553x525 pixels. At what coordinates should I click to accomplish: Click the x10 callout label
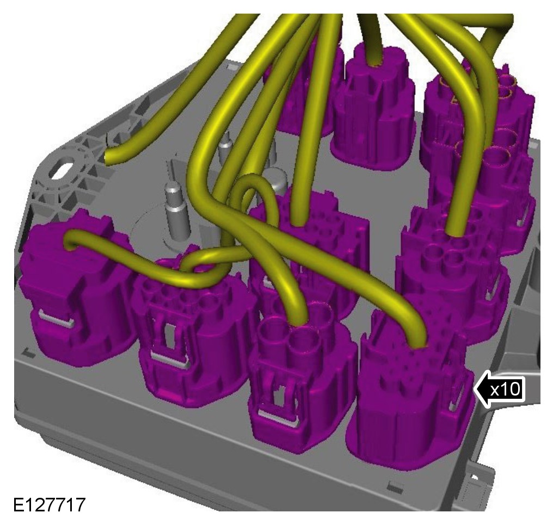[x=505, y=390]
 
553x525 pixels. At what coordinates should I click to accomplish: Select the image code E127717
[x=50, y=504]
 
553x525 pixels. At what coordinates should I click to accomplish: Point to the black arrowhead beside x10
[x=481, y=389]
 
